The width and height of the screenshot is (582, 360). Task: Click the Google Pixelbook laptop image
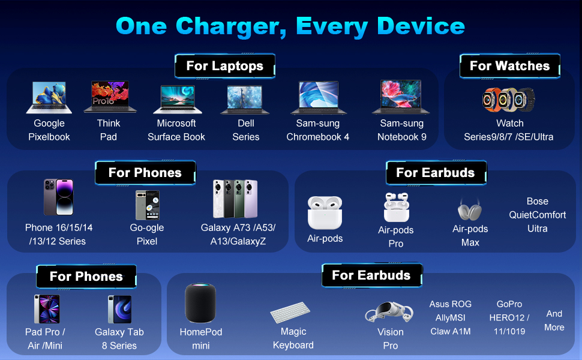49,98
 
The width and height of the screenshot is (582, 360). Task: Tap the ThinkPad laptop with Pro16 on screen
109,98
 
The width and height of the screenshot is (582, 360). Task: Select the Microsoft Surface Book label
176,130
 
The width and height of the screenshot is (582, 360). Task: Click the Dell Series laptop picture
245,100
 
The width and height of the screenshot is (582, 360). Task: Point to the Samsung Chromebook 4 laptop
318,98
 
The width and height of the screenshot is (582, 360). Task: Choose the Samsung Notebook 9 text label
402,130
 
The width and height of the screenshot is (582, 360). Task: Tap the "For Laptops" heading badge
225,66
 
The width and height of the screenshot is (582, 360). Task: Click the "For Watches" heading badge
509,66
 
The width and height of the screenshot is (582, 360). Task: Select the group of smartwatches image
508,100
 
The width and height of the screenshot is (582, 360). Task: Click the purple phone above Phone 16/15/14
58,197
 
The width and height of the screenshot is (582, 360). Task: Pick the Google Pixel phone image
147,205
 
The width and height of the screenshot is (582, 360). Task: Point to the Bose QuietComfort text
538,215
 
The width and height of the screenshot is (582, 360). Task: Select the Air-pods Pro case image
396,208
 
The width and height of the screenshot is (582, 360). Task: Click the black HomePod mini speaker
200,304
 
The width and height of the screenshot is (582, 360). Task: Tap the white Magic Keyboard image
290,313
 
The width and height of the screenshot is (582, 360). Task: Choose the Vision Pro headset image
389,313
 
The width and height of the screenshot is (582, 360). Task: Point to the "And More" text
554,320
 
